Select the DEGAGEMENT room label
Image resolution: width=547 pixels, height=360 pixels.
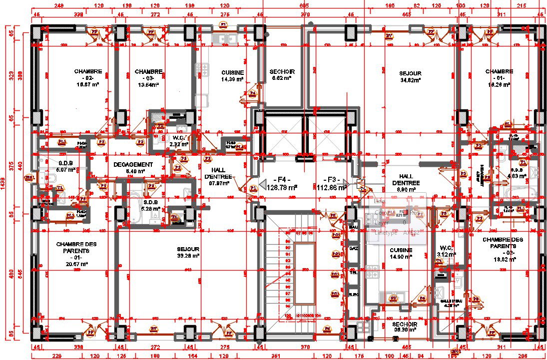(133, 165)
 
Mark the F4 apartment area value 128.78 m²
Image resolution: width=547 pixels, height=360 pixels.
(282, 188)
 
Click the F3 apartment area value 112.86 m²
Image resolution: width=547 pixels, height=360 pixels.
(332, 188)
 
